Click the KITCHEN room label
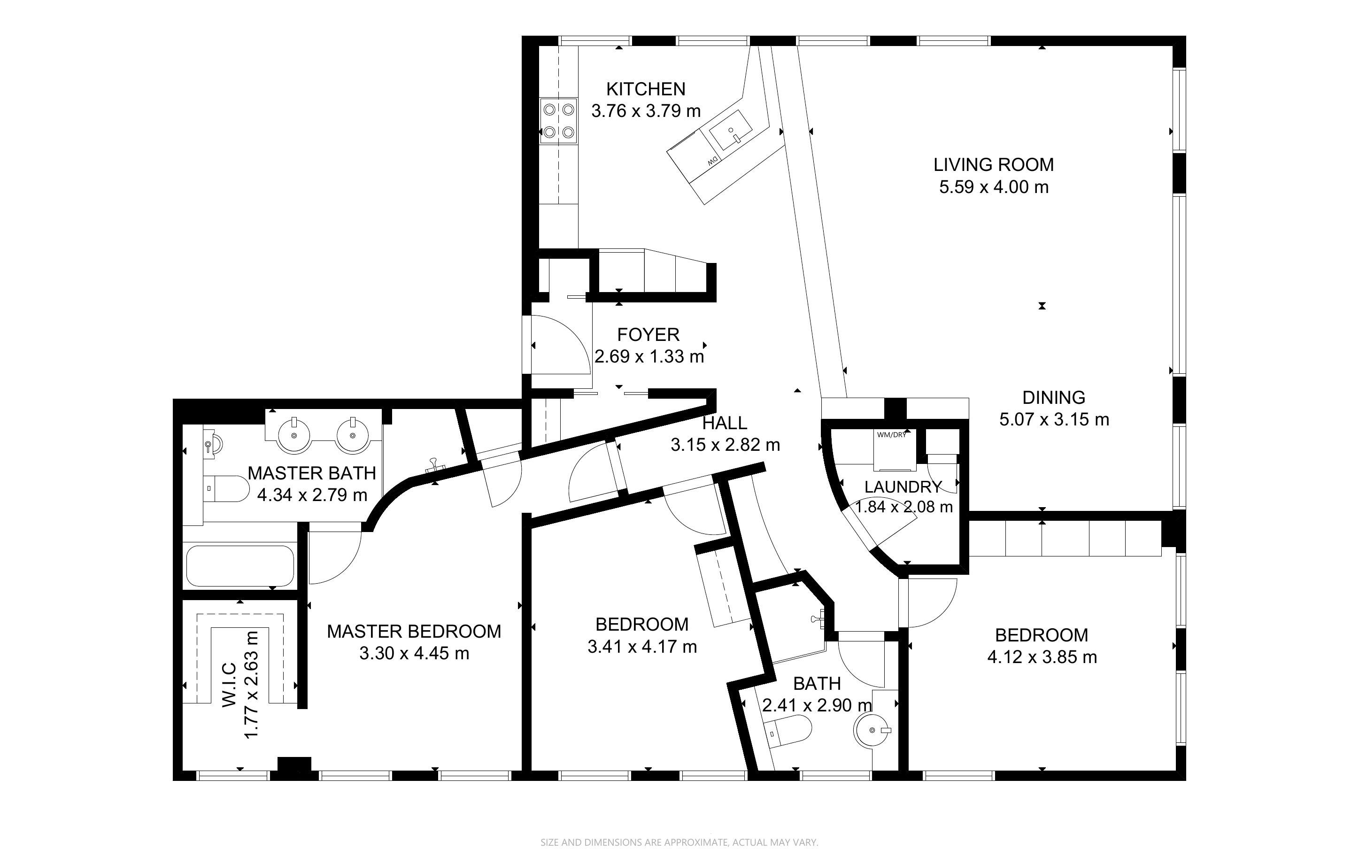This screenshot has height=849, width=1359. point(646,89)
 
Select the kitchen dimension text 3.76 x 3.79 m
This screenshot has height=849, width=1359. point(646,111)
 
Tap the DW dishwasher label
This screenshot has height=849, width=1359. point(712,161)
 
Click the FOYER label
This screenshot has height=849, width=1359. point(649,335)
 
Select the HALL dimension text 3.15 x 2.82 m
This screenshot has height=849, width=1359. point(725,445)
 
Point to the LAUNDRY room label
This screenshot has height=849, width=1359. point(903,487)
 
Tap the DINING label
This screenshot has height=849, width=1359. point(1054,398)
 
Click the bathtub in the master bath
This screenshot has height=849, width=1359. point(239,565)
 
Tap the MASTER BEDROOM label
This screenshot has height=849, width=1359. point(414,632)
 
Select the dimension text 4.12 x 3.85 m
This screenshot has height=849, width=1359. point(1042,657)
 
